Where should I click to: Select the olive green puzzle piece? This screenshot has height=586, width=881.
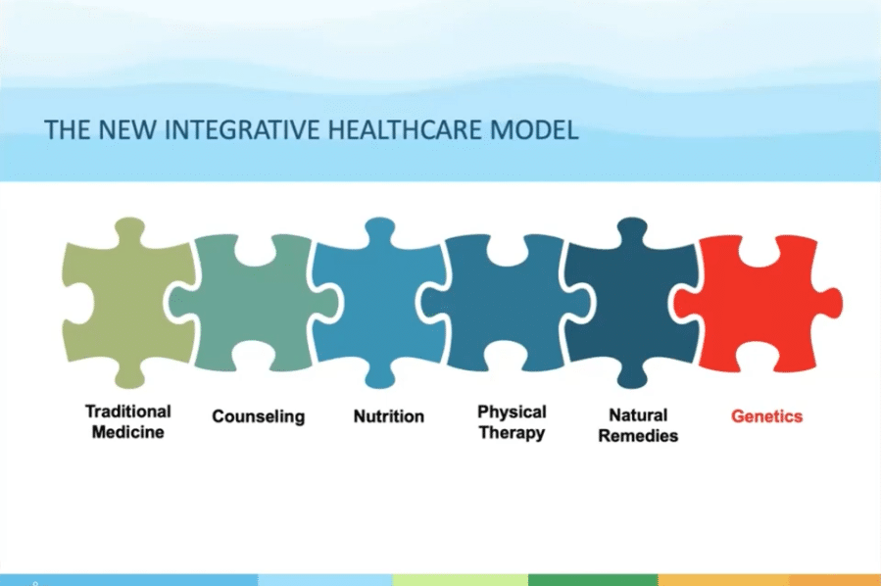[126, 304]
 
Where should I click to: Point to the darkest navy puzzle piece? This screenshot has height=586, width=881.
[629, 304]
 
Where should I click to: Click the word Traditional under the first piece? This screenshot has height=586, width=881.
[128, 412]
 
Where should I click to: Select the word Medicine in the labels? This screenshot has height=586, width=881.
[128, 432]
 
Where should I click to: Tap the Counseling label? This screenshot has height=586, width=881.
[259, 416]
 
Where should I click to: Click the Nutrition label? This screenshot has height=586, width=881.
[389, 416]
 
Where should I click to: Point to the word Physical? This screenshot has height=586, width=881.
[512, 413]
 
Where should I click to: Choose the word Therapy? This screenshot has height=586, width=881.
[512, 433]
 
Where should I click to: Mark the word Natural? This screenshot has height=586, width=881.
[638, 415]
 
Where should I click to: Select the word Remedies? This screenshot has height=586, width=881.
[638, 436]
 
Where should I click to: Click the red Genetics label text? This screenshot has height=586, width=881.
[767, 416]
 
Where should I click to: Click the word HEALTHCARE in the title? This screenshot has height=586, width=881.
[405, 129]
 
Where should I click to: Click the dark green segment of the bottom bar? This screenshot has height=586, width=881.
[593, 580]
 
